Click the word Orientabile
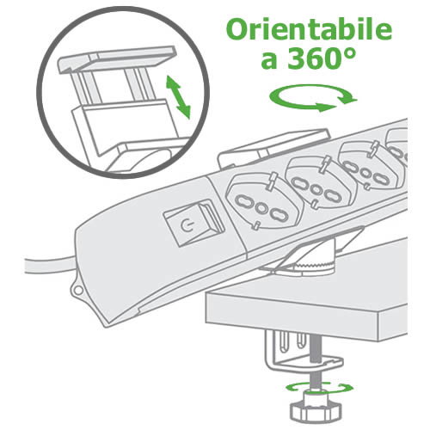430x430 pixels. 309,30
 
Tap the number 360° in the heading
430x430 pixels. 322,58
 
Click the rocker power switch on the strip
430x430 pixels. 193,222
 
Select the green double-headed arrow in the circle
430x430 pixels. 178,97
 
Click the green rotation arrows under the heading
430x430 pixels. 313,97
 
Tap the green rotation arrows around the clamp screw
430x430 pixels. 319,388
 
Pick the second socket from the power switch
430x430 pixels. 319,182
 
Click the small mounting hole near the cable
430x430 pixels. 78,291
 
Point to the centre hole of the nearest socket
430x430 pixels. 261,207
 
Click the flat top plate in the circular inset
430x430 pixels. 117,58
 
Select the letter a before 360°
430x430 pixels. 269,62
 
